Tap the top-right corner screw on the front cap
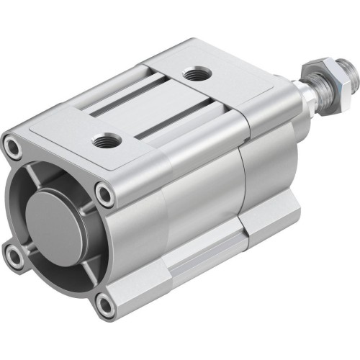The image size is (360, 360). [106, 193]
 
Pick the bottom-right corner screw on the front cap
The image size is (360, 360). [105, 305]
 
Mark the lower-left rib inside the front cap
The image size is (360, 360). [29, 248]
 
